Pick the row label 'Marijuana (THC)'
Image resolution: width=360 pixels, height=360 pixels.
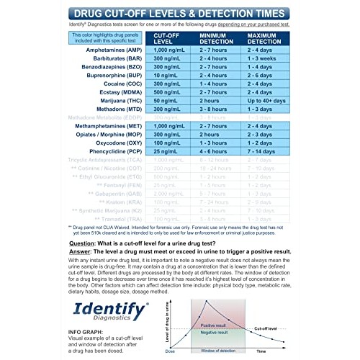[114, 122]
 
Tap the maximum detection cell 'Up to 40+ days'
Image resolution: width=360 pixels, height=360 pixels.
[270, 122]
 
